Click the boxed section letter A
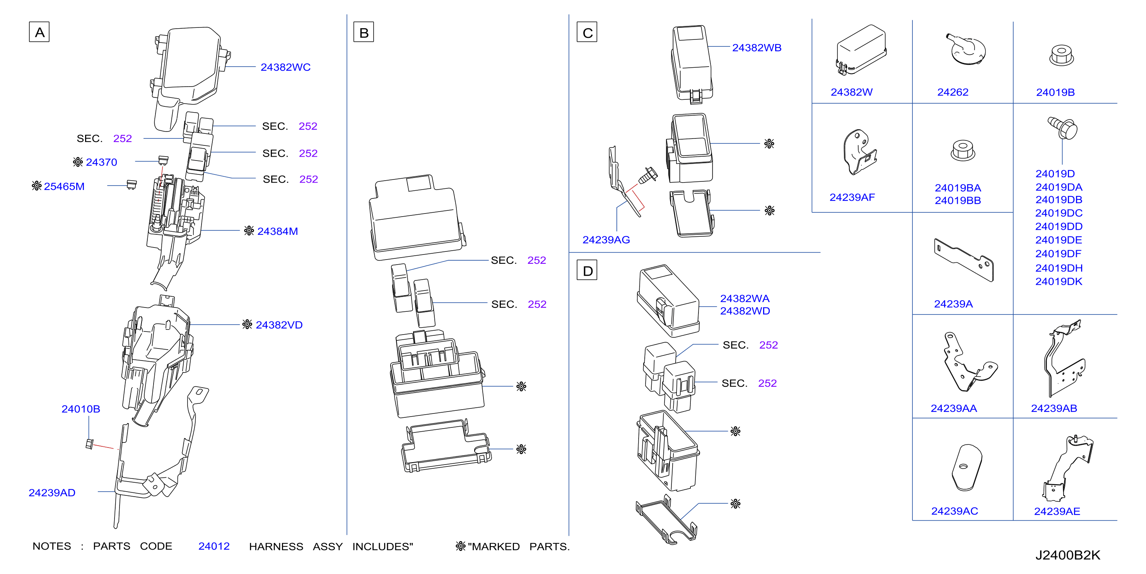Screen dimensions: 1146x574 pos(39,32)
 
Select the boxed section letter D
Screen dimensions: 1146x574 pos(587,270)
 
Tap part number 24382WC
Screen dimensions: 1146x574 pos(285,67)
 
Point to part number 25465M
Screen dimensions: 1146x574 pos(64,186)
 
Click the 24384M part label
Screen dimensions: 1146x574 pos(277,231)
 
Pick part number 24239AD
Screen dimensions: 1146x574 pos(52,492)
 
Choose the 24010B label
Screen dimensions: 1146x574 pos(80,409)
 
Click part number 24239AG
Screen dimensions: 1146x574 pos(606,240)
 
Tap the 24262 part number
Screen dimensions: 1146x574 pos(953,92)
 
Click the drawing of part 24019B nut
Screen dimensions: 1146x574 pos(1061,55)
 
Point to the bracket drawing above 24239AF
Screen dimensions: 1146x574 pos(859,152)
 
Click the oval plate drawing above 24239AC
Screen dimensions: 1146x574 pos(966,467)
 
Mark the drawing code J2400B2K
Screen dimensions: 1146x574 pos(1068,555)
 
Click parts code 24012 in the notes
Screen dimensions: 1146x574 pos(214,546)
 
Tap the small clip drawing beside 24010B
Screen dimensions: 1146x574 pos(89,444)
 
